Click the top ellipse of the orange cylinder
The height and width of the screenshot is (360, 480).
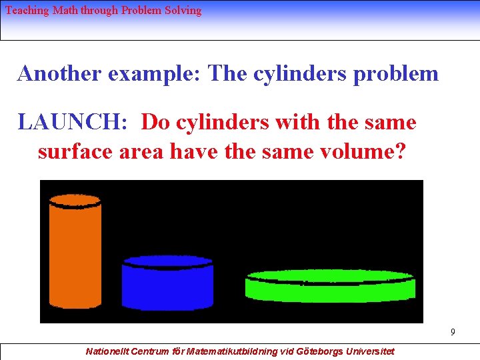click(x=75, y=199)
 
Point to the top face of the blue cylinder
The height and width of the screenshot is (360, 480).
click(x=167, y=261)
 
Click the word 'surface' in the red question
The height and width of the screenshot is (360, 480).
click(x=75, y=151)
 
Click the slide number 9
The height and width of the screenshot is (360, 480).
click(x=453, y=332)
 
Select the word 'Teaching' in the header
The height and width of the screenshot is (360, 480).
click(x=27, y=11)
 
